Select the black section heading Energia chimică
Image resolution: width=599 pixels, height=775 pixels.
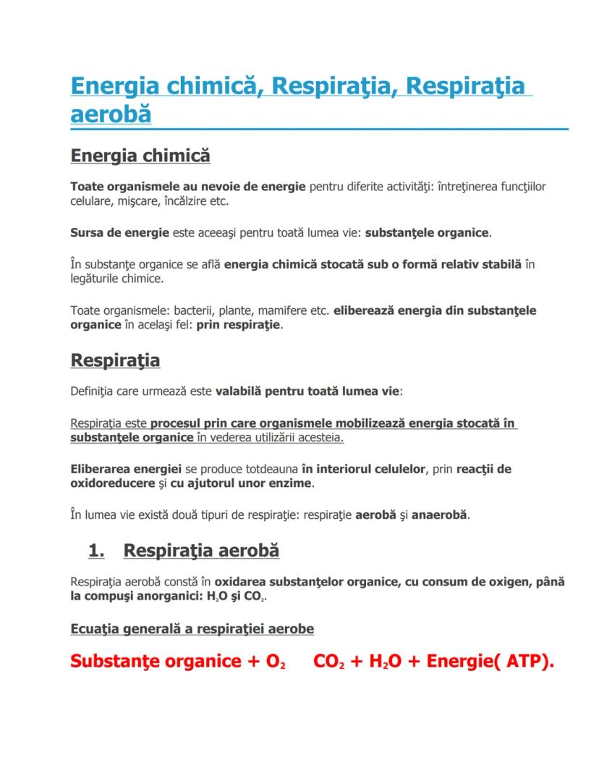coord(140,156)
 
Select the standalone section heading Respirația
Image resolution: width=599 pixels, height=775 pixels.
coord(115,360)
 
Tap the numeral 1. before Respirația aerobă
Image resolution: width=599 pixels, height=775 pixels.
coord(97,551)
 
